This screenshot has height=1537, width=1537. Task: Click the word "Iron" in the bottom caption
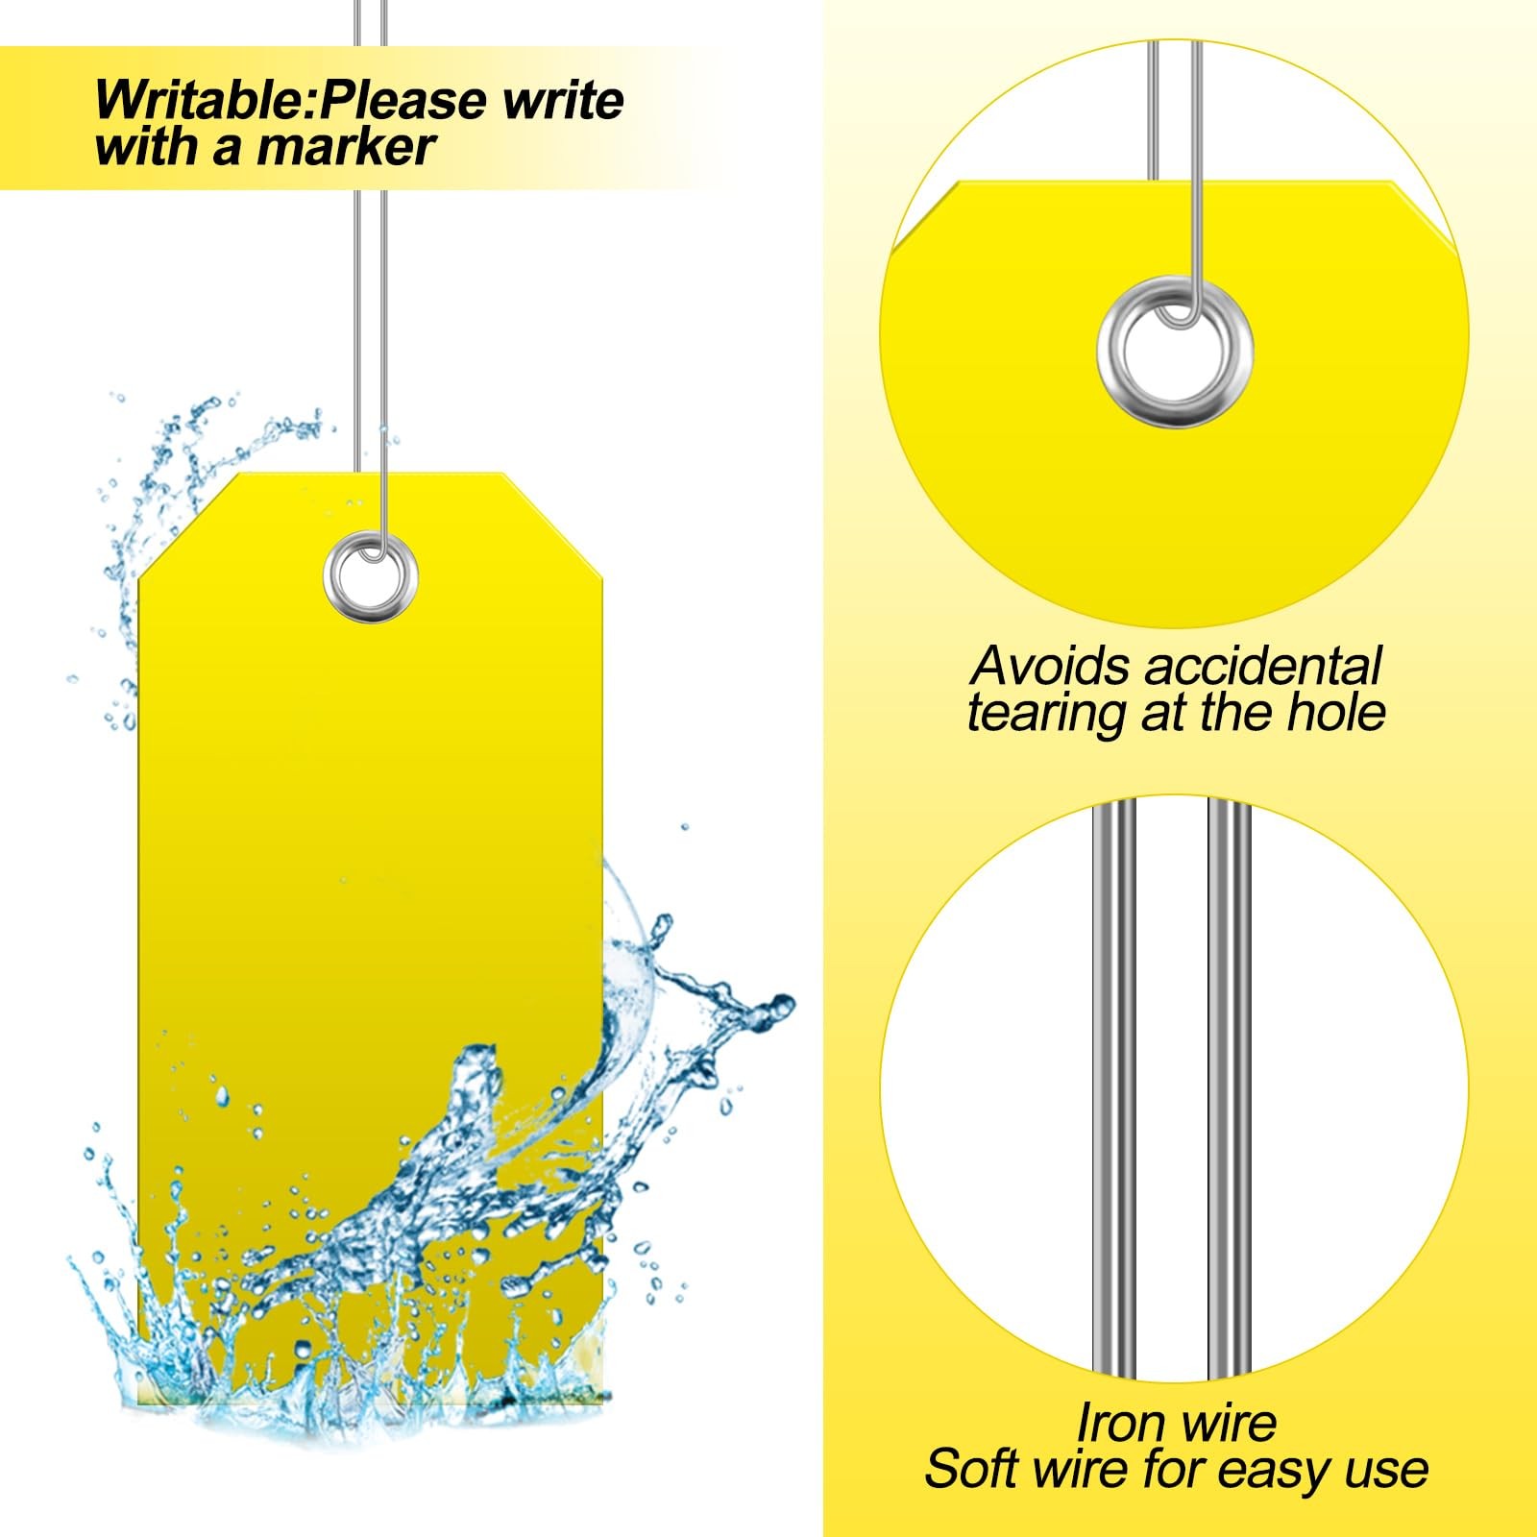tap(1116, 1423)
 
